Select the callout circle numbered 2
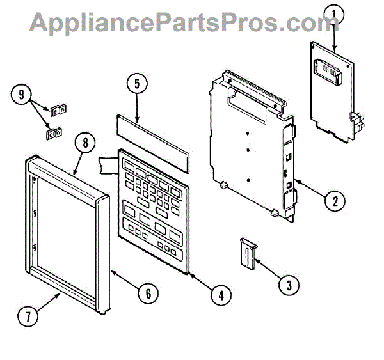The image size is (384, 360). click(x=333, y=201)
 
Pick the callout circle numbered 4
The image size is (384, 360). click(x=220, y=295)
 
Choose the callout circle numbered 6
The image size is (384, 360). click(x=147, y=293)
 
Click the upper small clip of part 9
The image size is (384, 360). click(x=59, y=110)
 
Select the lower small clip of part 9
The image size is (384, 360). click(x=52, y=134)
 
